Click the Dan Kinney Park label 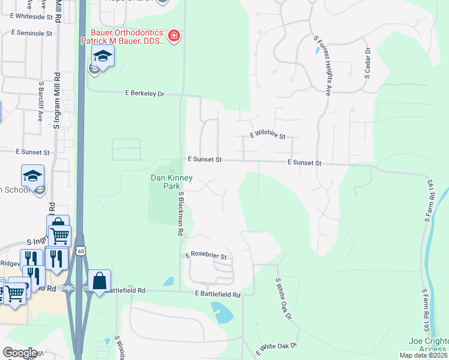171,182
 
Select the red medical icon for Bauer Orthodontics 174,36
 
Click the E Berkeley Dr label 144,94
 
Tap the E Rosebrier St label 205,256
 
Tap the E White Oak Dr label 277,349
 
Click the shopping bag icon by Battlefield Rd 99,281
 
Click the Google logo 20,353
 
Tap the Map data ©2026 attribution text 423,355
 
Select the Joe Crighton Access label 427,345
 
